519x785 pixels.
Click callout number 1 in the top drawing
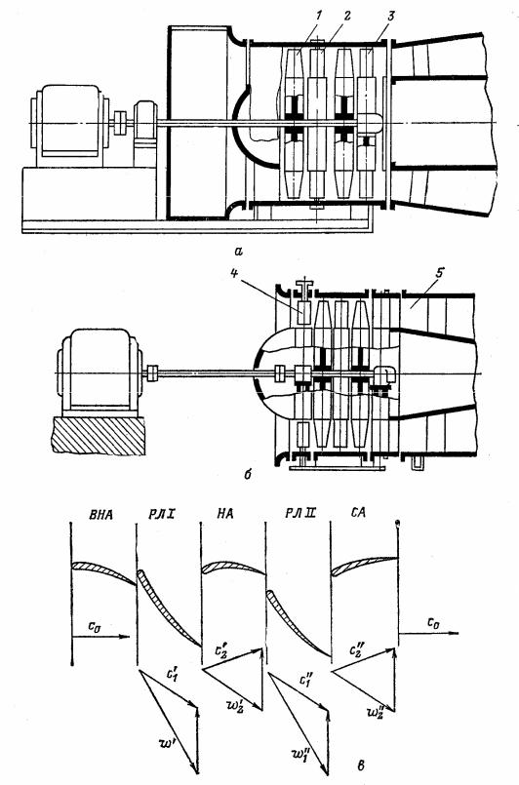[319, 15]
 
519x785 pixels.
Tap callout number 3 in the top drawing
[390, 16]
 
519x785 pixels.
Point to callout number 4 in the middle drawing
[234, 272]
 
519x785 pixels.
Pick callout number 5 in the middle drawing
[439, 272]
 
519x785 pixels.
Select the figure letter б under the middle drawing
[248, 473]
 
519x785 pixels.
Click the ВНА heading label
[100, 514]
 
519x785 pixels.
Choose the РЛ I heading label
[160, 514]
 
